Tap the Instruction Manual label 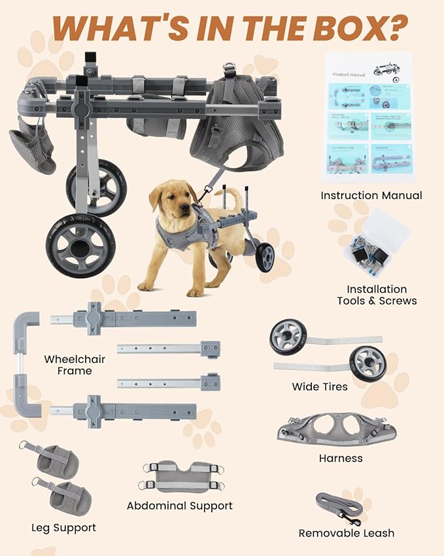pyautogui.click(x=371, y=195)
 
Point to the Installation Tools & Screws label pyautogui.click(x=376, y=295)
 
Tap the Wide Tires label pyautogui.click(x=320, y=386)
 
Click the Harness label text pyautogui.click(x=340, y=458)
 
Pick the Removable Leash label pyautogui.click(x=346, y=533)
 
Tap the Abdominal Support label pyautogui.click(x=179, y=506)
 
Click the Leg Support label pyautogui.click(x=63, y=527)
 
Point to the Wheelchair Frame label pyautogui.click(x=75, y=365)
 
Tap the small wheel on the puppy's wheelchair pyautogui.click(x=265, y=257)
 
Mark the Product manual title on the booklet pyautogui.click(x=349, y=74)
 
